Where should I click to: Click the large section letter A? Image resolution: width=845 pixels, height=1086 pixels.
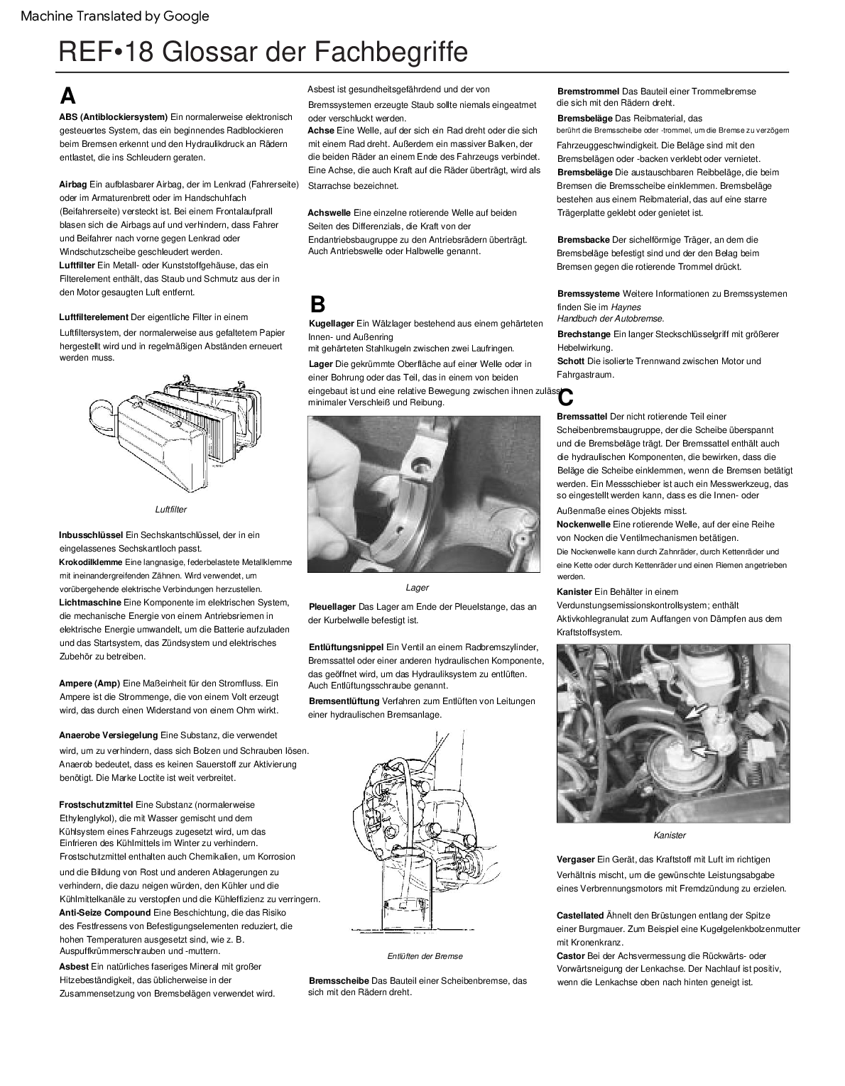[x=67, y=96]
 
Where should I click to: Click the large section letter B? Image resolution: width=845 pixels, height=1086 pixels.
[x=317, y=305]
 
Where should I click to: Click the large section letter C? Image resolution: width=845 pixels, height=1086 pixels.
[x=565, y=397]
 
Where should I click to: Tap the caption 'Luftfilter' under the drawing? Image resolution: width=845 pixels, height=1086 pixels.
[x=170, y=510]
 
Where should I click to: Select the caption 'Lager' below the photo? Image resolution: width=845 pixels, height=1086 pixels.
[x=417, y=588]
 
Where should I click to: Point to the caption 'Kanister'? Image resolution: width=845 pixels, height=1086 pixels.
[x=670, y=835]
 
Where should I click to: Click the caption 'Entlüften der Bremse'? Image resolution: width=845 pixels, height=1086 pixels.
[x=425, y=956]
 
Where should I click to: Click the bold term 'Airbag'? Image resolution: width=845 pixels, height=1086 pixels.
[x=72, y=185]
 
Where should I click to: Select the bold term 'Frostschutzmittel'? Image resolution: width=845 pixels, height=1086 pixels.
[x=96, y=805]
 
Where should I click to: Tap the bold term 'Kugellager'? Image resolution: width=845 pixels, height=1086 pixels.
[x=332, y=324]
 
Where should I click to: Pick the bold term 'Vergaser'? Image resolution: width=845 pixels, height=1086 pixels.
[x=575, y=860]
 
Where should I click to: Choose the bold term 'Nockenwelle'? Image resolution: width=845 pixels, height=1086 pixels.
[x=584, y=525]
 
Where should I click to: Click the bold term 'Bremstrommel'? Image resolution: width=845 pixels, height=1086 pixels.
[x=588, y=92]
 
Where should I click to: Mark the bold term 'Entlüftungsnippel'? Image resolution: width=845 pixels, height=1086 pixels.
[x=346, y=647]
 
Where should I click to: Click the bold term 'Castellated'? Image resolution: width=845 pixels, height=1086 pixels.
[x=580, y=916]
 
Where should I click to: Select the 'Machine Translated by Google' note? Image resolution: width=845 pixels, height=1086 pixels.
[x=115, y=16]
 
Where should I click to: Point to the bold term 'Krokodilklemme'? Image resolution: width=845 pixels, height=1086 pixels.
[x=91, y=562]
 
